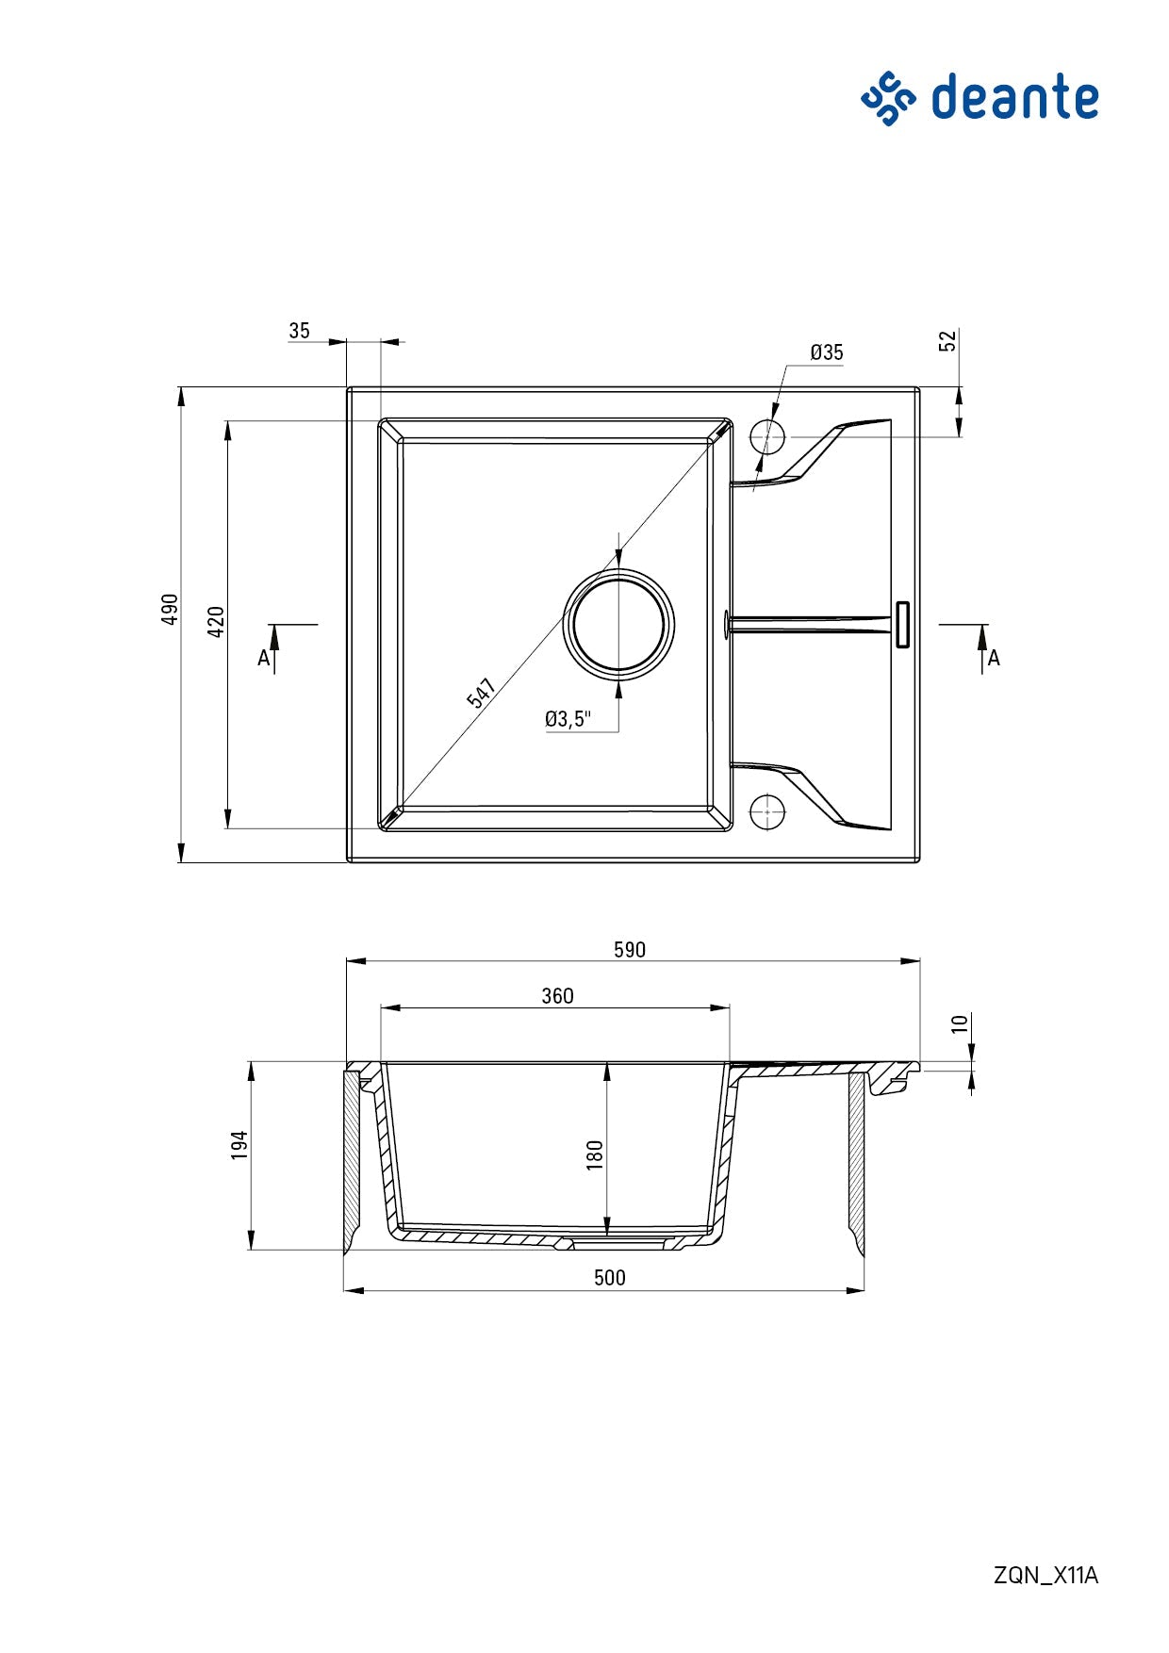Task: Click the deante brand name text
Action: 1014,98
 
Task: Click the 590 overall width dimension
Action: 630,950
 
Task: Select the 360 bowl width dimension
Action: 557,996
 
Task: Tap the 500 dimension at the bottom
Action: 610,1278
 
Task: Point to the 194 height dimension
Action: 239,1145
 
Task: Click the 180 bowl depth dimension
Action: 595,1154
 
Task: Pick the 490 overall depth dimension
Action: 170,609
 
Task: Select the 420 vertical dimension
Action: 216,622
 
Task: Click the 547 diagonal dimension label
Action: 482,693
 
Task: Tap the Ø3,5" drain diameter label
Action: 568,720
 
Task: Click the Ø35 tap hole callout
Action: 827,352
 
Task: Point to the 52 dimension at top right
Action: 948,341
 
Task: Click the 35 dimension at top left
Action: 299,331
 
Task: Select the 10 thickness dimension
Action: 960,1023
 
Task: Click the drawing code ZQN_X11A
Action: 1046,1575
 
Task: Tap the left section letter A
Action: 264,659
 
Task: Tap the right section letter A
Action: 994,659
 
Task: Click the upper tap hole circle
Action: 767,437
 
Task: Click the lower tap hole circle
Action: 767,811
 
